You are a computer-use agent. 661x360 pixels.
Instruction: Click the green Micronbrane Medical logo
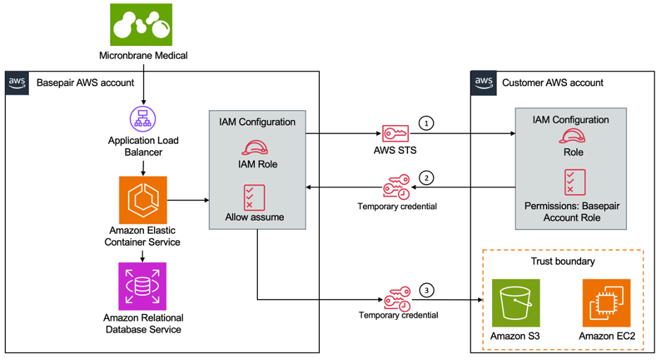pyautogui.click(x=143, y=25)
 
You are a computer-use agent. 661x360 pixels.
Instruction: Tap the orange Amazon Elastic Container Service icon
pyautogui.click(x=143, y=200)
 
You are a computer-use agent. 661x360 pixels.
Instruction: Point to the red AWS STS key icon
pyautogui.click(x=394, y=133)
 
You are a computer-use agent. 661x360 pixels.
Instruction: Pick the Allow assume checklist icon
pyautogui.click(x=254, y=196)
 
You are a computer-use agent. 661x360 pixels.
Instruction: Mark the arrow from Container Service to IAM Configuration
pyautogui.click(x=188, y=200)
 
